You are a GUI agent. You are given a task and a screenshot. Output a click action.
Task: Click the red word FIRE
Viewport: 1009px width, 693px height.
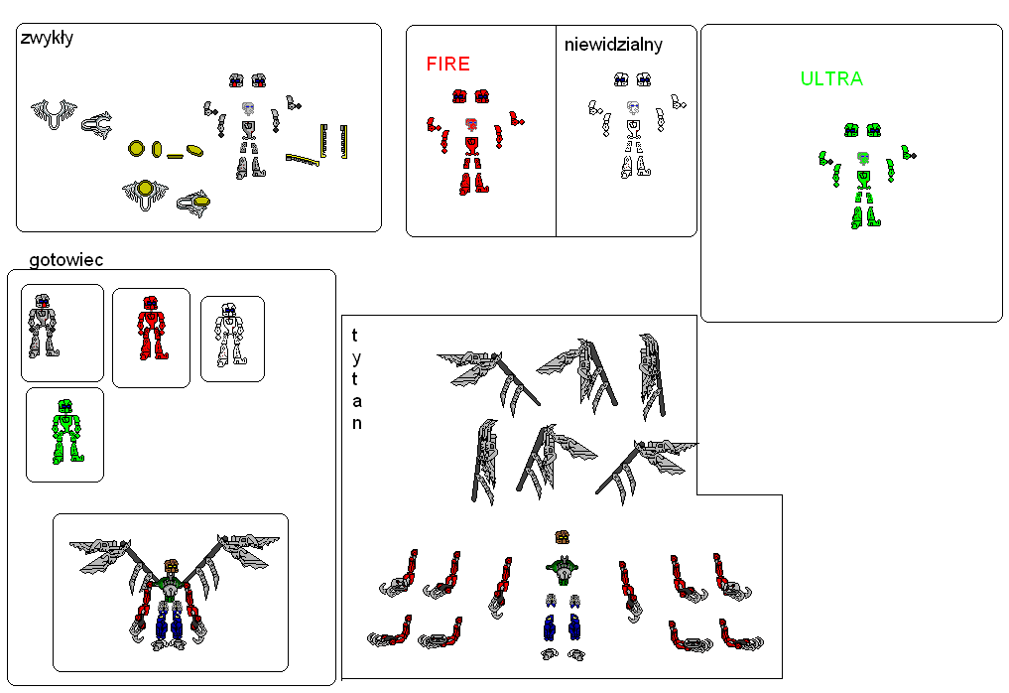click(447, 64)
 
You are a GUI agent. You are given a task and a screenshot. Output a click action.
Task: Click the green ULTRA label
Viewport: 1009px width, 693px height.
click(831, 78)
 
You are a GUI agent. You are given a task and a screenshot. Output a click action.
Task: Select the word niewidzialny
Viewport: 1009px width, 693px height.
click(613, 45)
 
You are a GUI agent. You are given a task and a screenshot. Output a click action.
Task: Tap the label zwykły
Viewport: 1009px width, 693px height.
click(47, 38)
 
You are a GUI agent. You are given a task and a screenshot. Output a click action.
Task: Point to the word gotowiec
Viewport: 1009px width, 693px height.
click(66, 259)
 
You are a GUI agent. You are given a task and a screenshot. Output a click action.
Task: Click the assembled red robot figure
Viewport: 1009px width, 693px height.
click(152, 328)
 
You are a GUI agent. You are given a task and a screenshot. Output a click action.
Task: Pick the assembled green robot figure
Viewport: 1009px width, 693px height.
click(66, 431)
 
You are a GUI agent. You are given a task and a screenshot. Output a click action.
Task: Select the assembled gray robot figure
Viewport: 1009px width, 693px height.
click(43, 326)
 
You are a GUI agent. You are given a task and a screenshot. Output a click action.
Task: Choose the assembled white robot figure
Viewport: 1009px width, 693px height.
click(230, 335)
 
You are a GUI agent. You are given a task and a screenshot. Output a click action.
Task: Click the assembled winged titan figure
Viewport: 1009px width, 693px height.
click(173, 592)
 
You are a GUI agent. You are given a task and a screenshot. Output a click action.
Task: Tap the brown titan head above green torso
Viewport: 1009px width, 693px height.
click(562, 537)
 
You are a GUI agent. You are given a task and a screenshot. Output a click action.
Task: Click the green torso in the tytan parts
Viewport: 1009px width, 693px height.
click(563, 569)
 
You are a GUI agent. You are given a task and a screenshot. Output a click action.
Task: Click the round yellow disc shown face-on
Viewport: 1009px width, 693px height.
click(136, 149)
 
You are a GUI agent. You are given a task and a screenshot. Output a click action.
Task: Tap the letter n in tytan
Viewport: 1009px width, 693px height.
click(356, 423)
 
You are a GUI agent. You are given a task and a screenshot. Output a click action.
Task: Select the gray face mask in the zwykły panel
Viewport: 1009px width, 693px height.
click(248, 108)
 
